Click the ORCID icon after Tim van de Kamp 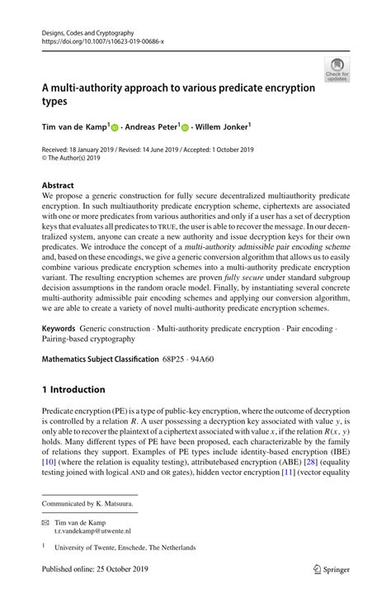(x=115, y=128)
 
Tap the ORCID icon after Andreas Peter (x=185, y=128)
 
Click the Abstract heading (x=58, y=185)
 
